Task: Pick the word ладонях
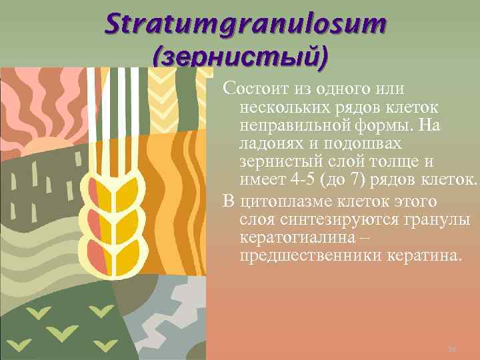pyautogui.click(x=266, y=143)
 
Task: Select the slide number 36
pyautogui.click(x=451, y=349)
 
